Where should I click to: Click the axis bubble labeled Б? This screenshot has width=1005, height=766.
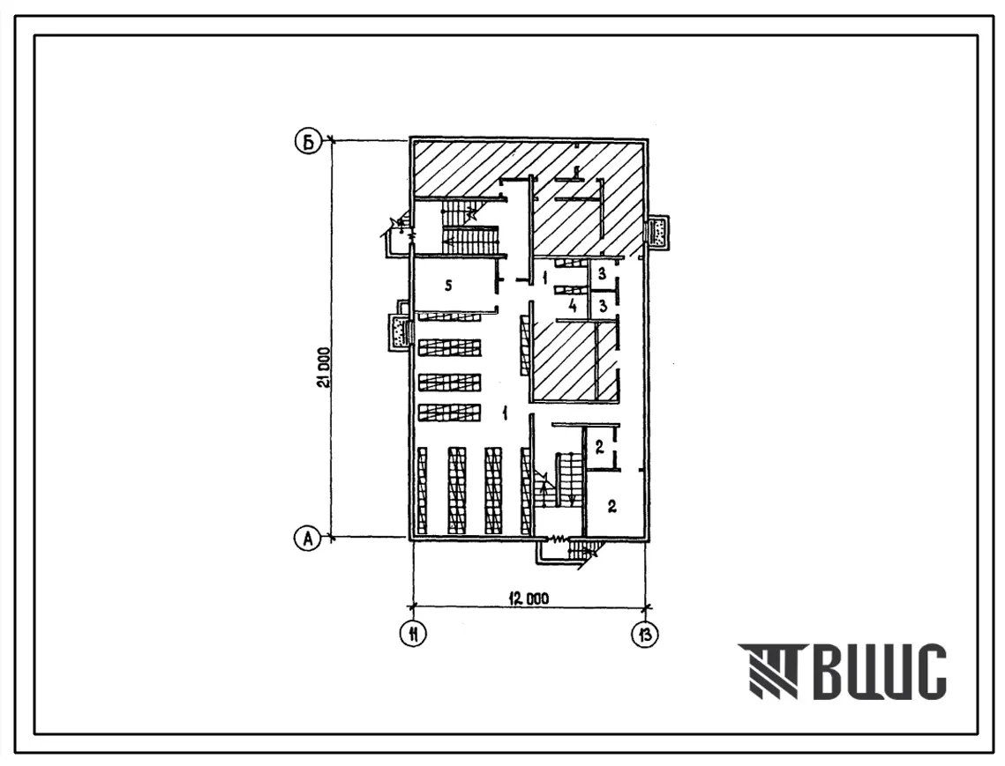pos(308,143)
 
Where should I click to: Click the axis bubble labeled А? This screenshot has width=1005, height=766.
pos(308,539)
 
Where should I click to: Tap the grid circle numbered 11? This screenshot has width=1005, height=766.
pos(414,634)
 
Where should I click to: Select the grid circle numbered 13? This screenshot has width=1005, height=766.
pos(645,634)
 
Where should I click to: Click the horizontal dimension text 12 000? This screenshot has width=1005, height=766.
pos(529,599)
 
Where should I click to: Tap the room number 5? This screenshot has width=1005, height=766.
pos(448,286)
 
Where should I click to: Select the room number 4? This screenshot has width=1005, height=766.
pos(573,306)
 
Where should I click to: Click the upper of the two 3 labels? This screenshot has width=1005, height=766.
pos(602,274)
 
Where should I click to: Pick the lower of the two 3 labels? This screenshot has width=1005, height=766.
pos(603,306)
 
